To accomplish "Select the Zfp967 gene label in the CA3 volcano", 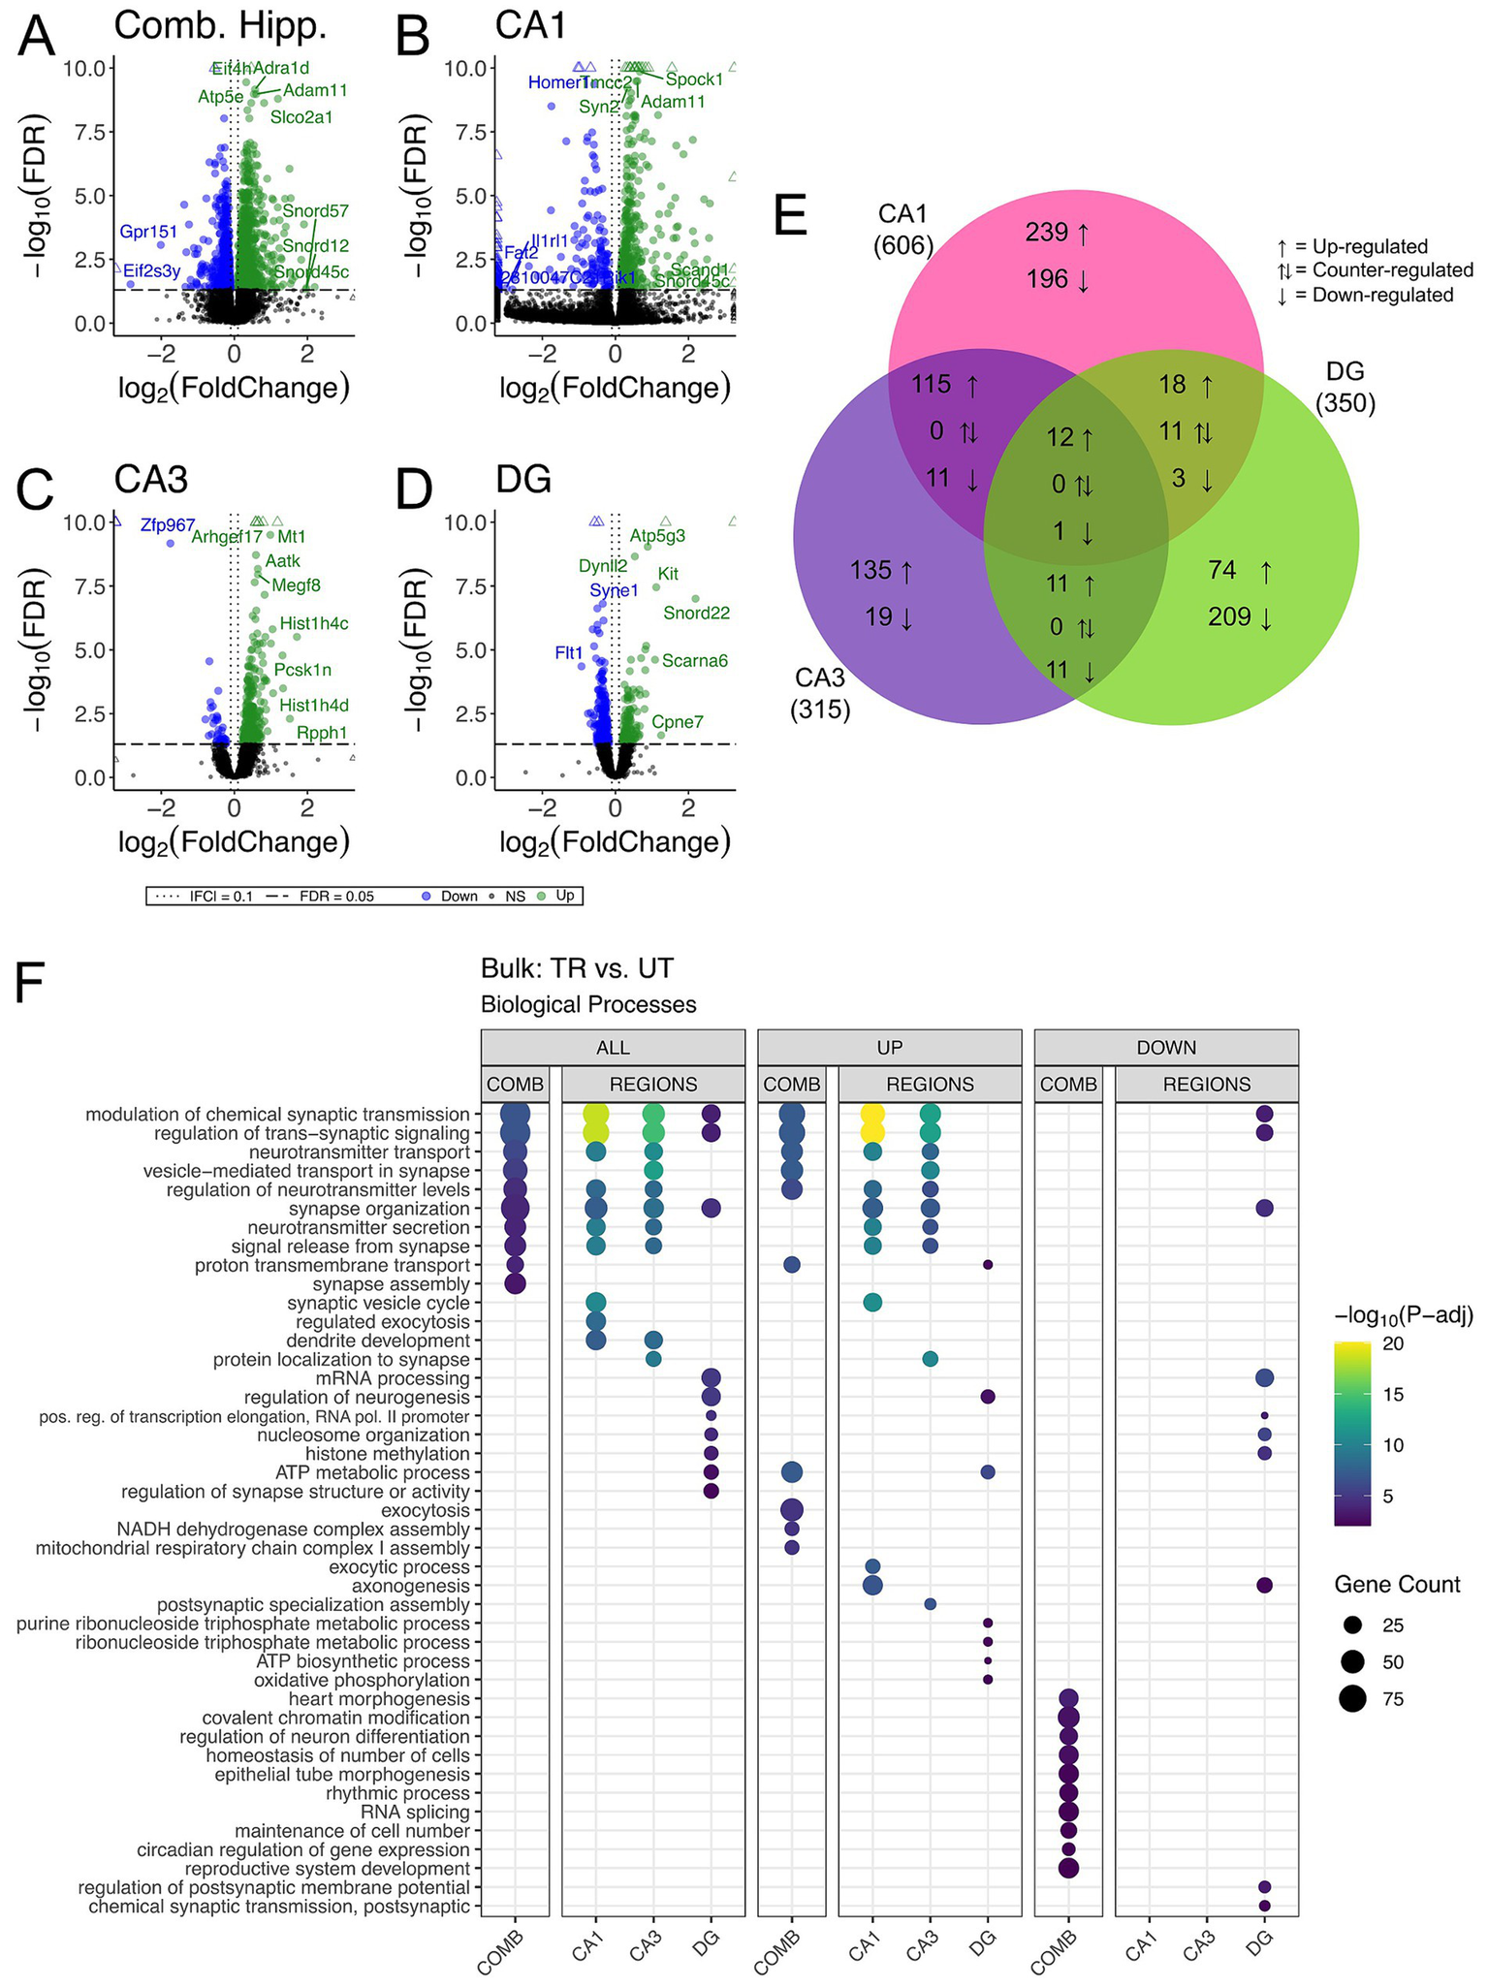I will pyautogui.click(x=168, y=525).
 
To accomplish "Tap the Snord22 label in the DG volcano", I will pyautogui.click(x=696, y=613).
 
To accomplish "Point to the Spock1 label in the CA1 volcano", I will pyautogui.click(x=694, y=79).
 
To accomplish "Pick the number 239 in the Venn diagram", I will pyautogui.click(x=1047, y=233).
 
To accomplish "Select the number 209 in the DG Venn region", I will pyautogui.click(x=1229, y=616).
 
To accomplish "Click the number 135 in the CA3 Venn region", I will pyautogui.click(x=871, y=571).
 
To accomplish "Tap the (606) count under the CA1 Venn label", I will pyautogui.click(x=903, y=245).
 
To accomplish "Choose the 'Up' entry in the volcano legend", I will pyautogui.click(x=565, y=896).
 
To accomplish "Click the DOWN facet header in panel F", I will pyautogui.click(x=1166, y=1047).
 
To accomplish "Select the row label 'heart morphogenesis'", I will pyautogui.click(x=379, y=1699).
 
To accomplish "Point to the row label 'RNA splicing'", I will pyautogui.click(x=415, y=1812).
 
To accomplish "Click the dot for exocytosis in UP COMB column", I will pyautogui.click(x=792, y=1510).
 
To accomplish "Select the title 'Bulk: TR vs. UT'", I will pyautogui.click(x=577, y=967).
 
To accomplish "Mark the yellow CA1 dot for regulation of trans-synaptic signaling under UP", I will pyautogui.click(x=872, y=1132).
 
